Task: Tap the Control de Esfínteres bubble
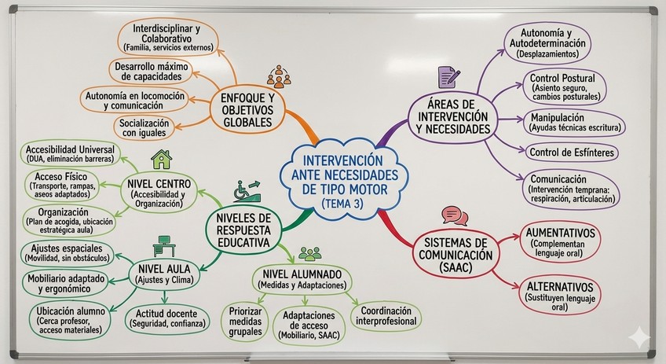click(572, 152)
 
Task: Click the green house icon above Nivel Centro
click(162, 160)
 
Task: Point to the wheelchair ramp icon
click(247, 191)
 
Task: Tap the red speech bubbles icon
click(454, 215)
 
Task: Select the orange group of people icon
click(278, 76)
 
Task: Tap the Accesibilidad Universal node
click(71, 153)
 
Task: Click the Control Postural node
click(562, 87)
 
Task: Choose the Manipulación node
click(573, 122)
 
